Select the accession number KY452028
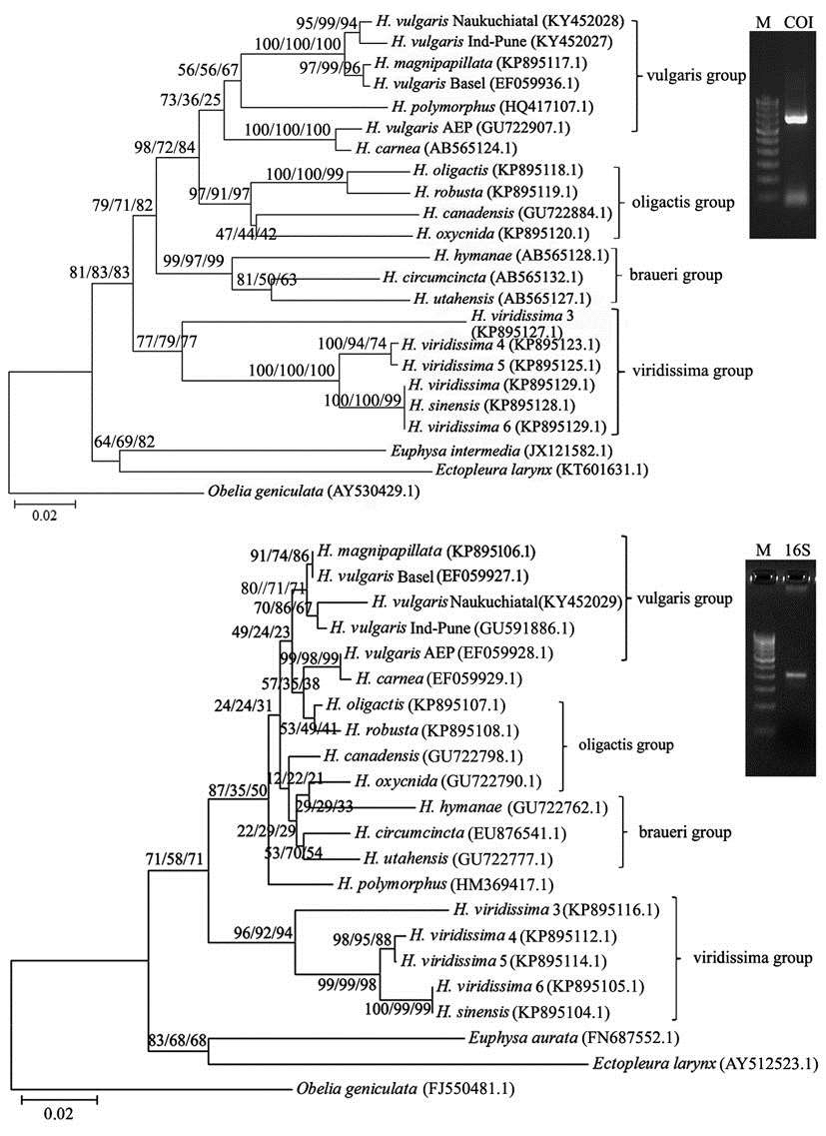(587, 22)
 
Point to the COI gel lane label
(799, 22)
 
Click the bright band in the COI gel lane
(799, 117)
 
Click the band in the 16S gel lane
(797, 675)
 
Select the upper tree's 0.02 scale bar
(44, 502)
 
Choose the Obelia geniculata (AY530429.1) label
(313, 492)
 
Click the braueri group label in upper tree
(674, 276)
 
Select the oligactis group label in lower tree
(625, 744)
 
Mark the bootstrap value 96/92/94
(263, 932)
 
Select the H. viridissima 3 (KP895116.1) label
(556, 909)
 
